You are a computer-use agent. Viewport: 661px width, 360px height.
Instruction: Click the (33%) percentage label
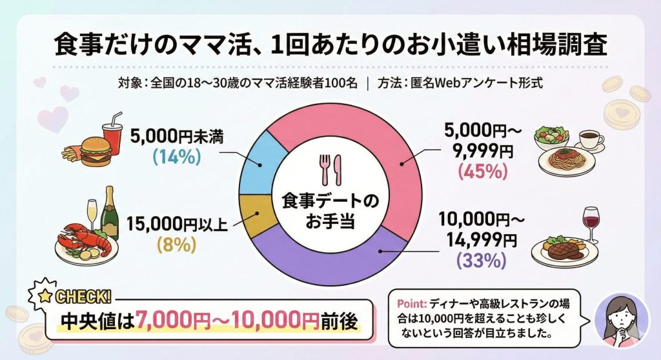[480, 261]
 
